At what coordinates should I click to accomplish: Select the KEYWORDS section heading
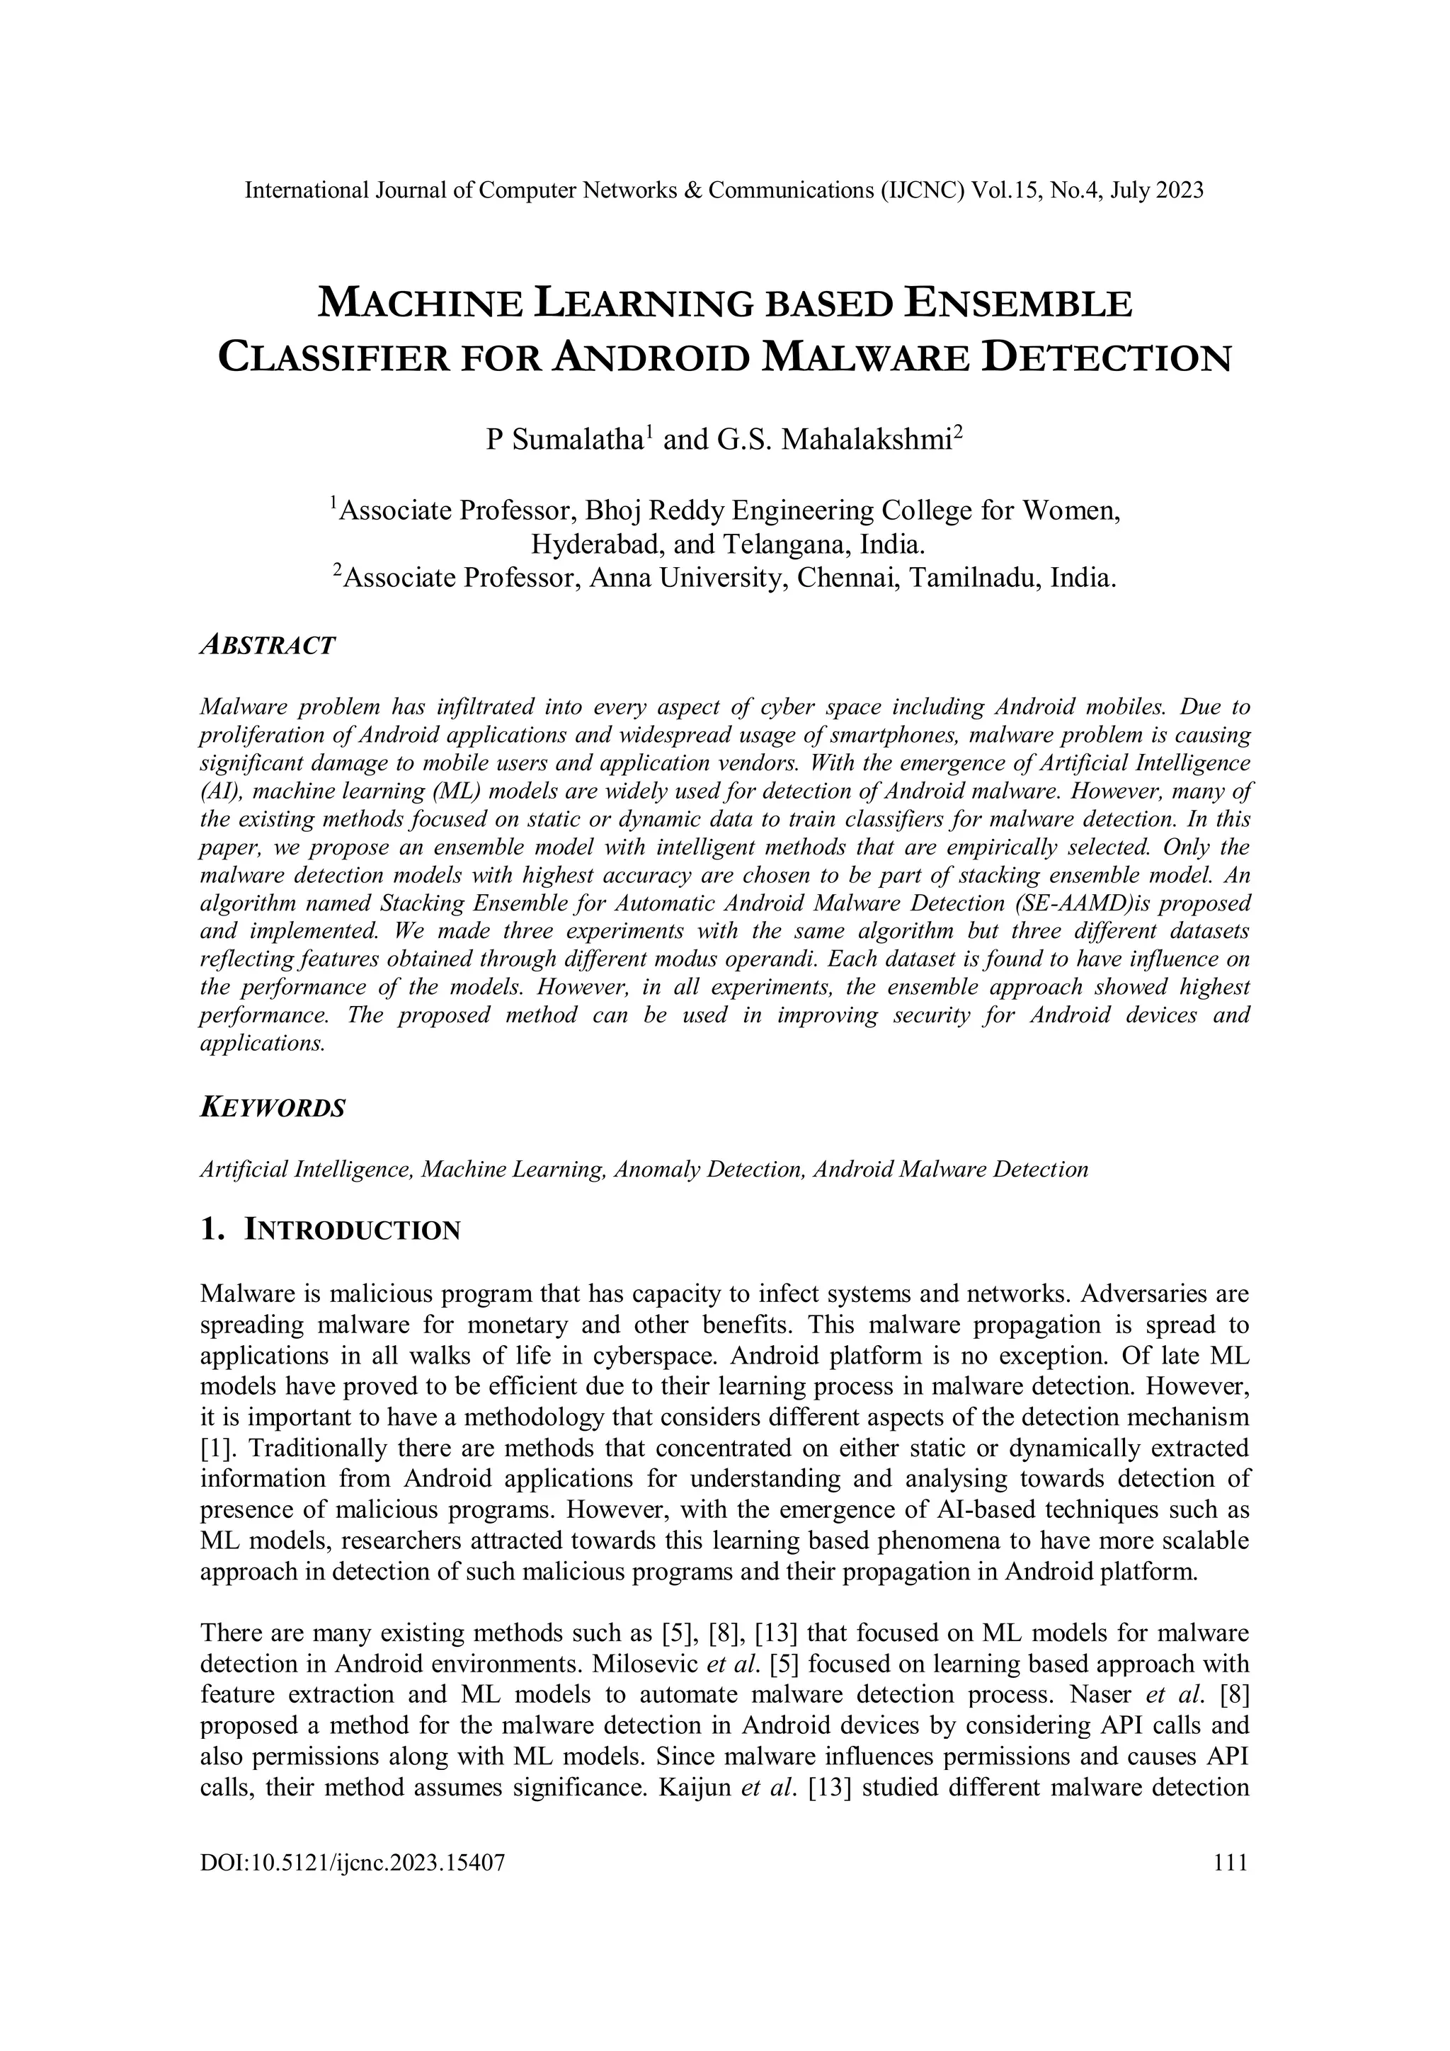click(273, 1109)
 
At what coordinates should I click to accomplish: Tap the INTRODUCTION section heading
click(352, 1231)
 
